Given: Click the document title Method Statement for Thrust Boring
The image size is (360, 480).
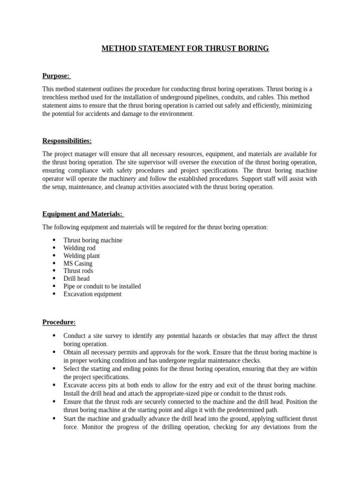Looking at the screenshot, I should [x=185, y=48].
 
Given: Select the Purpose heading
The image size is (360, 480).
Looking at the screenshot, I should [x=56, y=76].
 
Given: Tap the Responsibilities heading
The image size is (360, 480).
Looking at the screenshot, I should [x=67, y=141].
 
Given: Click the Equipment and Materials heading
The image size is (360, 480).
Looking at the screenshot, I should [x=82, y=214].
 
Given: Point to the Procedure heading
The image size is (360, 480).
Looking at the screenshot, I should [x=59, y=322].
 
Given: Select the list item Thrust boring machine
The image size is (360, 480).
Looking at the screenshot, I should [x=93, y=240].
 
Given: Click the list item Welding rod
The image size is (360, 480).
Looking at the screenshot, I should [x=79, y=248].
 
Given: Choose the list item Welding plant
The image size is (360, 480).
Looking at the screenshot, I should [x=82, y=256].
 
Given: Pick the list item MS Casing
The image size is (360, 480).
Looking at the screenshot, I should [x=78, y=263].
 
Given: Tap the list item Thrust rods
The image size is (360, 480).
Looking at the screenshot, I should [x=78, y=271].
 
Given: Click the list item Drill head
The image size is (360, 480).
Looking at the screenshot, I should [x=76, y=278].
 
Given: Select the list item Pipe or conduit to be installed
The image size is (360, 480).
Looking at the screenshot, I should [x=102, y=286].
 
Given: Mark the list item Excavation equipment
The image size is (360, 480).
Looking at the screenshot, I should [x=92, y=294].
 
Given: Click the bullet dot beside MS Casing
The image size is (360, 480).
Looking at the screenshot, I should [x=54, y=263].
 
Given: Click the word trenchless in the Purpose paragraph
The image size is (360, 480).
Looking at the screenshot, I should [x=57, y=97].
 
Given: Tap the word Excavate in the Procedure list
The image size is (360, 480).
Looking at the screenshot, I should [x=75, y=385].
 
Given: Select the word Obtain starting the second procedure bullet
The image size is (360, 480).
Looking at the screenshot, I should [x=73, y=352].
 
